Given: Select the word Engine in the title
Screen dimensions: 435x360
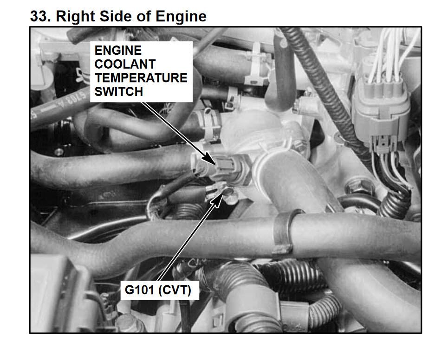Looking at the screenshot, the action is (181, 16).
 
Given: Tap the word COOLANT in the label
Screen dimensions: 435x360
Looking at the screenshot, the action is (125, 64).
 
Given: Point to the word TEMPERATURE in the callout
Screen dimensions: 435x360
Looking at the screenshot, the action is (141, 78).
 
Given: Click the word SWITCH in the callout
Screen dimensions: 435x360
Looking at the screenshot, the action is (119, 92).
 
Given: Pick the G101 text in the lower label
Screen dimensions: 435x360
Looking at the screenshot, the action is (140, 290).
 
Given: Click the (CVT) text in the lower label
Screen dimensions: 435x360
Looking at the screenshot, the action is (175, 290).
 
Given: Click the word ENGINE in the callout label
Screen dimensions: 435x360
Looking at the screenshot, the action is (118, 51).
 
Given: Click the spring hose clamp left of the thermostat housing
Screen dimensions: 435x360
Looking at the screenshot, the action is (209, 125).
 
